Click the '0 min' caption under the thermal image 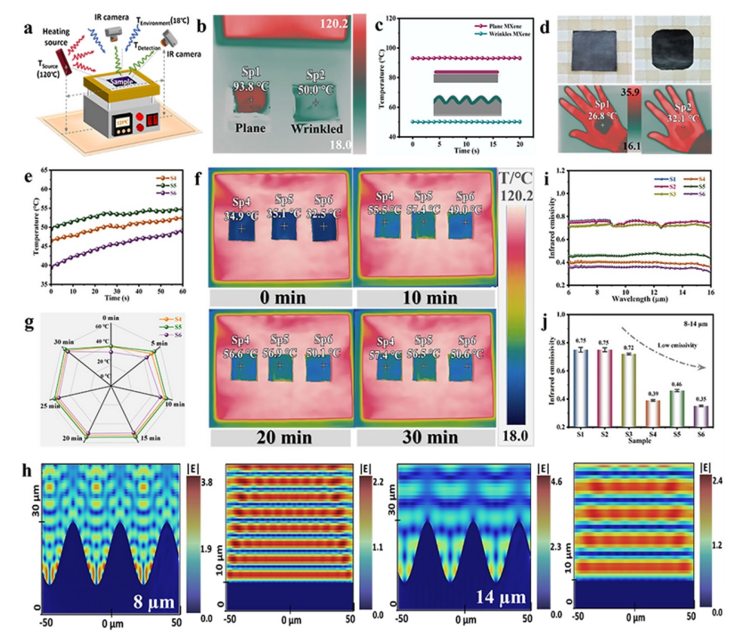pos(279,296)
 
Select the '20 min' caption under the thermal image pos(279,438)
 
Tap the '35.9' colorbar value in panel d pos(630,90)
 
